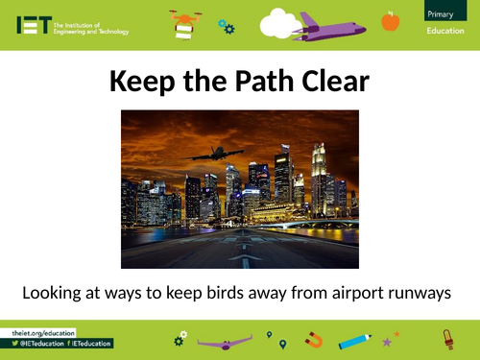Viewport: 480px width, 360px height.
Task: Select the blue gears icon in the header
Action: (225, 26)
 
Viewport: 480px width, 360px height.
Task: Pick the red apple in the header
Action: (390, 20)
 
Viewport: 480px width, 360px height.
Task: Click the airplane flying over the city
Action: (216, 155)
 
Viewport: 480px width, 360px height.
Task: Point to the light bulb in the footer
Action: (446, 339)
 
